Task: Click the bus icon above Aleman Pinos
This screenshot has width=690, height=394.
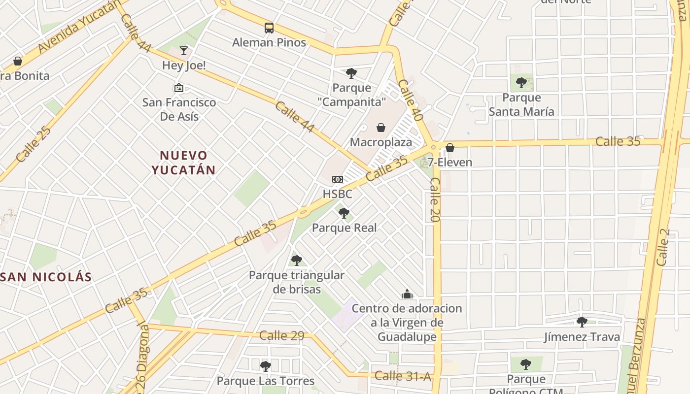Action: (x=269, y=28)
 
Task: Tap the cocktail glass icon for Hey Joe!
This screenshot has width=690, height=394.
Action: (x=184, y=50)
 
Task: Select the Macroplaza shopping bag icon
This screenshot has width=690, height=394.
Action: (x=381, y=128)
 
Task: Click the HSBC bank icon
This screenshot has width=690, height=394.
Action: (x=338, y=179)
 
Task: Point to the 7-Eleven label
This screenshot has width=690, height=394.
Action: (x=449, y=162)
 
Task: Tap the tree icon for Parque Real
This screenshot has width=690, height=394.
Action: (x=344, y=213)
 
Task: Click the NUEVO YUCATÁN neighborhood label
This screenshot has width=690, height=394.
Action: (x=183, y=163)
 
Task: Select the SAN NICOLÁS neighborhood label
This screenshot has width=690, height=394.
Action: (x=47, y=277)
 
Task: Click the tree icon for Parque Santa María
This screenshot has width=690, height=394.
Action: (x=521, y=83)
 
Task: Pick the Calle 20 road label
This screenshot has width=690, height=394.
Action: (x=435, y=199)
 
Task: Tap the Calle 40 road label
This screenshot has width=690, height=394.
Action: (x=411, y=100)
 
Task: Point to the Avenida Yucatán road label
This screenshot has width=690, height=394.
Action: (x=79, y=27)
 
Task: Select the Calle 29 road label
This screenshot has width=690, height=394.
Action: (x=282, y=335)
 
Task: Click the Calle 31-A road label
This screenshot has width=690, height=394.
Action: (x=403, y=376)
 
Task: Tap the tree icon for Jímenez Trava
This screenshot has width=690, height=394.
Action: (x=582, y=322)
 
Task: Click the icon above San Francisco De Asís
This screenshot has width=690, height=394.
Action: (x=179, y=88)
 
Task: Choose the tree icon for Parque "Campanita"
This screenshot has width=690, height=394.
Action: (x=351, y=73)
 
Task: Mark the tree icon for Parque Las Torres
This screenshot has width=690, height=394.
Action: (x=266, y=366)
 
